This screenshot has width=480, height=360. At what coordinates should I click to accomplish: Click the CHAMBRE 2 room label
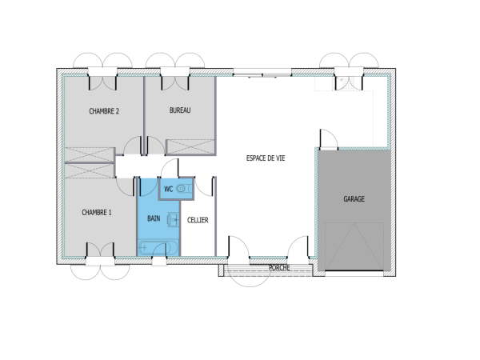tap(104, 111)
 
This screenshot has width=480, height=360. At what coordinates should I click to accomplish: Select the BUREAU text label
tap(180, 111)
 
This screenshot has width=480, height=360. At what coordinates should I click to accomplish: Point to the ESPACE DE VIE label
tap(266, 158)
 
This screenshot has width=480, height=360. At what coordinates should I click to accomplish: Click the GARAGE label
tap(354, 198)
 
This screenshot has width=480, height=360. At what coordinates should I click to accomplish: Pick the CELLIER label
tap(198, 219)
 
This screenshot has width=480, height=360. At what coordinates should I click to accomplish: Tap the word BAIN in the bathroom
tap(154, 217)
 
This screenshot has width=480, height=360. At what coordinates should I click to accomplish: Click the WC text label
tap(168, 189)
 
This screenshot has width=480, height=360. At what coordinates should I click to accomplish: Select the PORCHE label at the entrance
tap(279, 267)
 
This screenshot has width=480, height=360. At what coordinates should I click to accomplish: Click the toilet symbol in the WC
tap(185, 189)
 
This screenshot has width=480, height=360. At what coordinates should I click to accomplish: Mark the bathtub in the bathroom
tap(159, 248)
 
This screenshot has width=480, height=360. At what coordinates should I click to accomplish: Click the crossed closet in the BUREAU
tap(191, 147)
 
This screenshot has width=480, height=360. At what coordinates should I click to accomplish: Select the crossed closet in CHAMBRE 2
tap(90, 154)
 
